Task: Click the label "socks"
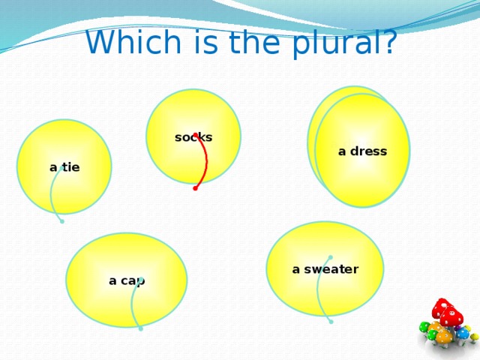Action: tap(193, 137)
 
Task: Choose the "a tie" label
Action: tap(64, 167)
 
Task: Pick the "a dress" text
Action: tap(362, 151)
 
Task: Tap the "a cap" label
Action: tap(127, 280)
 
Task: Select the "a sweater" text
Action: tap(325, 269)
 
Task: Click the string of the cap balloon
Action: tap(133, 304)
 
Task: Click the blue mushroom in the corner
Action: tap(463, 333)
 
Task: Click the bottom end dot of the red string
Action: tap(195, 188)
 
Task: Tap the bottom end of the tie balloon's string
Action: tap(62, 221)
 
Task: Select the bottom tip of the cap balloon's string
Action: tap(140, 328)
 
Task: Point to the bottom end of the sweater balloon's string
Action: tap(331, 322)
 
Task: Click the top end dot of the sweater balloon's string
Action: tap(330, 257)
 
